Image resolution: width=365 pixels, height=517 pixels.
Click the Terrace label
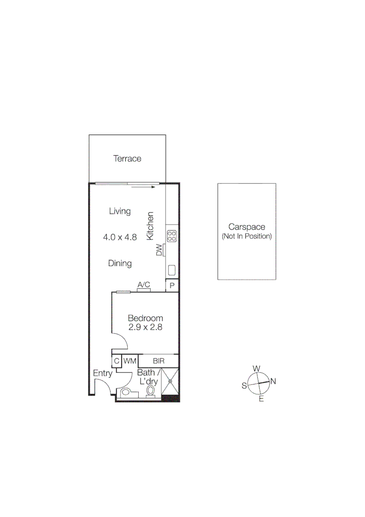(127, 158)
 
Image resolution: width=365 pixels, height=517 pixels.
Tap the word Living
(120, 211)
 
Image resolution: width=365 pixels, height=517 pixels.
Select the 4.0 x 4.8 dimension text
(120, 236)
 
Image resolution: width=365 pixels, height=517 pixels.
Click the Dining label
(120, 263)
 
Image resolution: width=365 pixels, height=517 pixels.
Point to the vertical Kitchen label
(150, 226)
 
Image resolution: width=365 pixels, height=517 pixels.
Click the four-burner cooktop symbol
(172, 236)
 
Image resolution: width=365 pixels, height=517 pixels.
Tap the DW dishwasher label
(159, 250)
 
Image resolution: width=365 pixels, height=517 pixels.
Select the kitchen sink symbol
(172, 270)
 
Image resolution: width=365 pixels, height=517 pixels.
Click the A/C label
(144, 285)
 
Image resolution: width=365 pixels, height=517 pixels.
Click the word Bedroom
(145, 318)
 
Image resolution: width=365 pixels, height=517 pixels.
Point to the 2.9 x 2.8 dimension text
(145, 328)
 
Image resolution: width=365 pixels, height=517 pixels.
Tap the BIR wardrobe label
(159, 361)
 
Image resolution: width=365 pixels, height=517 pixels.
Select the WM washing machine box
(130, 361)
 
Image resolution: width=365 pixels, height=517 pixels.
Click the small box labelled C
(116, 361)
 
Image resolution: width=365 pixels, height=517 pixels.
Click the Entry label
(102, 373)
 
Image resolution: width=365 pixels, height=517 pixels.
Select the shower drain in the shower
(170, 382)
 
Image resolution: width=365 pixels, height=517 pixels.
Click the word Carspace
(246, 227)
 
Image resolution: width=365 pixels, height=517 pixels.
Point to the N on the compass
(273, 382)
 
